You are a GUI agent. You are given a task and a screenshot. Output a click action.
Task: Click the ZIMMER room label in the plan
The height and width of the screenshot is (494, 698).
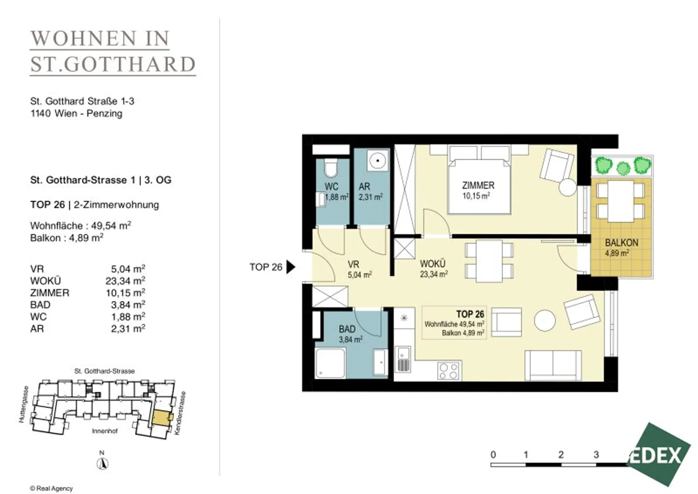coord(478,185)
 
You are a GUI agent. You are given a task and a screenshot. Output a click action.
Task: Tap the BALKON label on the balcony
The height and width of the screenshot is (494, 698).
coord(621,243)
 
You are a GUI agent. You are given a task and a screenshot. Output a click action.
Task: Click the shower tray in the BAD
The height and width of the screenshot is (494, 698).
coord(330,363)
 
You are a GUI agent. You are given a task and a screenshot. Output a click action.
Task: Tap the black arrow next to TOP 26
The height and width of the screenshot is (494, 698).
coord(291,267)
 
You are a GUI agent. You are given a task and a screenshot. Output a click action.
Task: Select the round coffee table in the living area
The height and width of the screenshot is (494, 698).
coord(545,320)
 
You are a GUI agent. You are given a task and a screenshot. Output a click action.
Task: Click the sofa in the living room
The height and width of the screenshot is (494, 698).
coord(553,366)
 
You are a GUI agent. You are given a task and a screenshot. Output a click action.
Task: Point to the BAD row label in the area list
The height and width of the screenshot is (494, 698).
coord(40,304)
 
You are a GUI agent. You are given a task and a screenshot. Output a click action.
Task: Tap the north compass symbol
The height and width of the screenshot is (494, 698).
coord(102,463)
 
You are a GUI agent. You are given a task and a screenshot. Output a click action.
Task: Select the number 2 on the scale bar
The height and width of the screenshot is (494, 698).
coord(561,454)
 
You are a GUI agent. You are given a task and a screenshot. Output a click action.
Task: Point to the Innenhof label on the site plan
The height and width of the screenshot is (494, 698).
coord(105,431)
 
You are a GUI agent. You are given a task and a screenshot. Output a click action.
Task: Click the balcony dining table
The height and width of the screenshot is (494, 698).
coord(621,201)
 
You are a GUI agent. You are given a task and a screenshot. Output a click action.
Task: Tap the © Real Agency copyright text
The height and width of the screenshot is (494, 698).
coord(51,489)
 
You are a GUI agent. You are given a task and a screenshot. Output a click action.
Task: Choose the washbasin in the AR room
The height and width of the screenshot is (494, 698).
coord(378,161)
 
